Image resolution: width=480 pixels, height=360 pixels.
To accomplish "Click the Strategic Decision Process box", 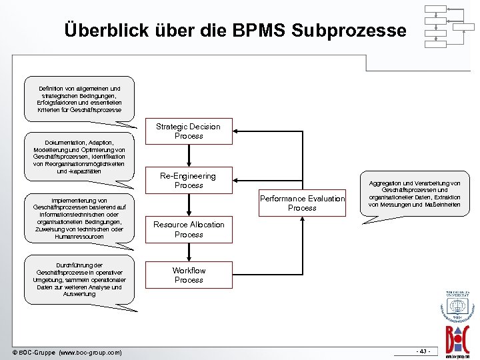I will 189,131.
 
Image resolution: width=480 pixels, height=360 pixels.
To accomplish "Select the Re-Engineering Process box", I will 189,181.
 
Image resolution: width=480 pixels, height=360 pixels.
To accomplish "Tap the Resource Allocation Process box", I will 189,230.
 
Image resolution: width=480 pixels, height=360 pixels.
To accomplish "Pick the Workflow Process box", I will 189,275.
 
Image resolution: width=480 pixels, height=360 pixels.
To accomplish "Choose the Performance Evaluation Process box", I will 302,203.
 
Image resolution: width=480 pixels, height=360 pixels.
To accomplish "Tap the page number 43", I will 423,351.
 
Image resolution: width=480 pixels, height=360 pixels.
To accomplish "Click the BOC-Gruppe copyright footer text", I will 67,351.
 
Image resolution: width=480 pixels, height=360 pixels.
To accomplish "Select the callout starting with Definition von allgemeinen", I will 80,99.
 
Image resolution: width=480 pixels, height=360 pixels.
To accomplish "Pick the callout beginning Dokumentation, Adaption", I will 80,157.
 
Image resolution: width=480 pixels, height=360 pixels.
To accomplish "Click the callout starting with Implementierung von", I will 80,218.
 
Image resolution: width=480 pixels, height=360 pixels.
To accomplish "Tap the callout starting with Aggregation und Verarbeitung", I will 415,193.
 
